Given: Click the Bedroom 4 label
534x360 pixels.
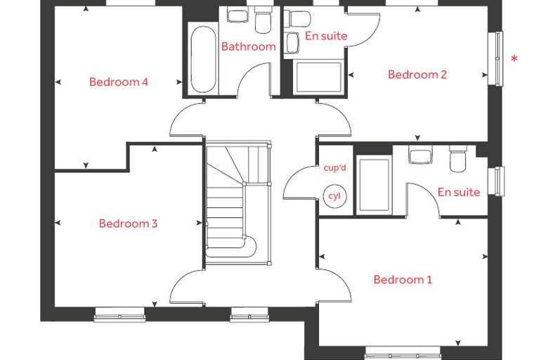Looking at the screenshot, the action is [x=119, y=82].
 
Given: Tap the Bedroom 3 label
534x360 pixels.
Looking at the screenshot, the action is [x=128, y=224].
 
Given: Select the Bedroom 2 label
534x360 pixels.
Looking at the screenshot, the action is [x=417, y=75].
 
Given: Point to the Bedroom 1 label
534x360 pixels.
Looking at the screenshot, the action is [x=403, y=280].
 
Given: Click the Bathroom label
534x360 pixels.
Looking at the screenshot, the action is [x=249, y=46].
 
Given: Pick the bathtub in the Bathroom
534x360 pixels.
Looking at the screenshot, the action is [x=203, y=59].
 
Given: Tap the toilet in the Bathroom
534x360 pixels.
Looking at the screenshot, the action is [x=263, y=21].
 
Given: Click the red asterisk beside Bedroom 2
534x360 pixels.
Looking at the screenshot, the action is [x=514, y=59].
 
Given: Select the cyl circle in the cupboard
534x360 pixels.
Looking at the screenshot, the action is [x=334, y=196].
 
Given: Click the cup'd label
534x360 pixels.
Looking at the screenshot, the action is [x=334, y=168].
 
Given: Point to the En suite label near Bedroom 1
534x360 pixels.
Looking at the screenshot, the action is [x=459, y=192].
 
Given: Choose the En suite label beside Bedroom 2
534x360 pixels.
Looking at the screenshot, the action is [x=326, y=36].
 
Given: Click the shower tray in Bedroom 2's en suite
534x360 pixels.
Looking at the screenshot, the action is [x=318, y=77].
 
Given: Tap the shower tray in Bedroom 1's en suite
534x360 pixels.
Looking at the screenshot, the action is [x=374, y=185].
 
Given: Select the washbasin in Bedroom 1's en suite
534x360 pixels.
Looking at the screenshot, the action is [x=420, y=155].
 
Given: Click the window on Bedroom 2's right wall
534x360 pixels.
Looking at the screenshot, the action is [x=496, y=58].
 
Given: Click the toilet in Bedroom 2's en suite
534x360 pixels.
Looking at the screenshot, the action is [x=297, y=18].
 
